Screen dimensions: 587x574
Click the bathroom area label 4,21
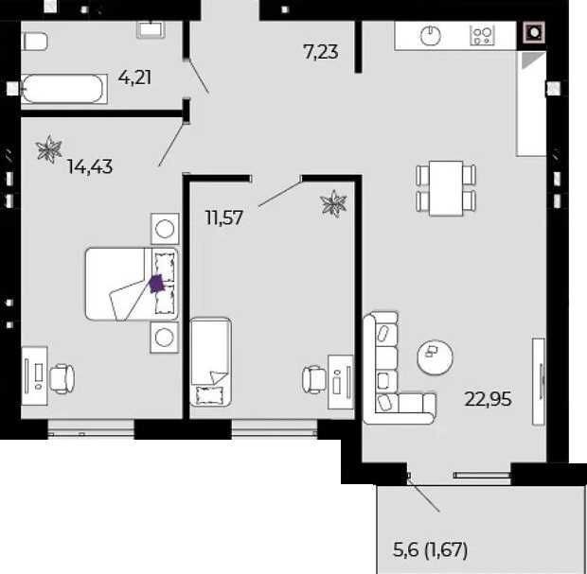[x=134, y=78]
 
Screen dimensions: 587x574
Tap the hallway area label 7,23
[x=321, y=52]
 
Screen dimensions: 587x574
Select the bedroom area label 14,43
[x=90, y=166]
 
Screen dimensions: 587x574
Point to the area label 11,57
[x=224, y=217]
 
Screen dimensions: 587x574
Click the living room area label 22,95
[x=488, y=399]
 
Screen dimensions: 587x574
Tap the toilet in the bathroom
[x=35, y=41]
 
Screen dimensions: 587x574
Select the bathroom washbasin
[x=151, y=29]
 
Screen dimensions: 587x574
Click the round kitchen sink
[x=431, y=36]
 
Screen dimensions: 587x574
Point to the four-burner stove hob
[x=482, y=36]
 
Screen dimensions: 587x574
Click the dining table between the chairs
[x=446, y=188]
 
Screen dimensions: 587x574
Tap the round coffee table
[x=435, y=357]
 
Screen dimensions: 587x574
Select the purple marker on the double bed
[x=156, y=283]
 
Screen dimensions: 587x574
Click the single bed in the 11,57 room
[x=210, y=362]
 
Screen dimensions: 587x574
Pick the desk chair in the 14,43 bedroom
[x=62, y=379]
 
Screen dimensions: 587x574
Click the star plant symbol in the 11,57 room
[x=333, y=203]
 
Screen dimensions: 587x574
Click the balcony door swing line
[x=424, y=495]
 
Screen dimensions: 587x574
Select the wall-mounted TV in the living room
[x=539, y=381]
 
